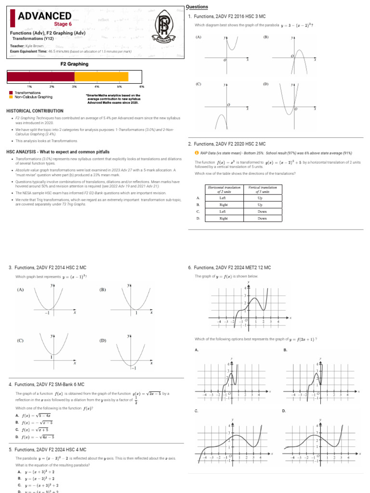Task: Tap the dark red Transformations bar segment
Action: [40, 77]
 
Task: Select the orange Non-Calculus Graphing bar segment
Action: [101, 77]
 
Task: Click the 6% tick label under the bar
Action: [142, 87]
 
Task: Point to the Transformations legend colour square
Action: [11, 92]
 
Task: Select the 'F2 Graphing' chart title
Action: [74, 64]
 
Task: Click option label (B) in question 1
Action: [265, 37]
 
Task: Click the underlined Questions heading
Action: [197, 7]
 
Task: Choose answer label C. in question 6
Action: [197, 411]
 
